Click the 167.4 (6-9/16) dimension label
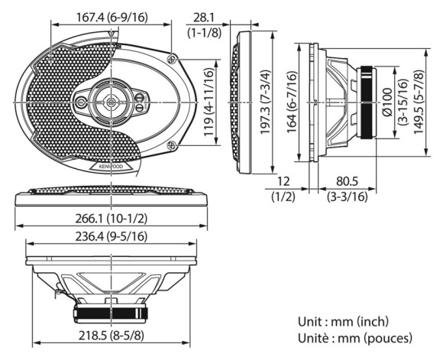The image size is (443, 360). click(x=112, y=16)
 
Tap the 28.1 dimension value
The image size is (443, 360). click(x=203, y=16)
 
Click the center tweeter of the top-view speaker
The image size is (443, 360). click(x=112, y=99)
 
